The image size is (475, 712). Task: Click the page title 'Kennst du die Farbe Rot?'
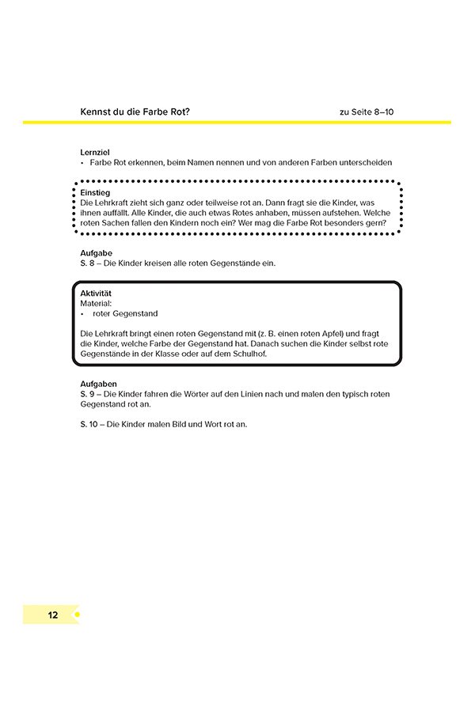(135, 112)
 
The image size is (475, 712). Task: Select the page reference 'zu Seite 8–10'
(367, 112)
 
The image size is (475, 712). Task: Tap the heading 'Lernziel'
(96, 151)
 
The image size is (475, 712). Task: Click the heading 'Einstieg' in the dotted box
(95, 192)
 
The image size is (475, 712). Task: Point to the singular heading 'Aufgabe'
(97, 253)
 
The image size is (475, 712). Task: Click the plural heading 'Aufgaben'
(98, 384)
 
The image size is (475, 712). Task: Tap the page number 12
(52, 615)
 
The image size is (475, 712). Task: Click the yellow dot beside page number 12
(77, 615)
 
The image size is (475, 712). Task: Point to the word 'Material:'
(97, 303)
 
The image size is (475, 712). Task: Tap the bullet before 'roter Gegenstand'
(82, 313)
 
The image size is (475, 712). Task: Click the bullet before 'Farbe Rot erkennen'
(82, 162)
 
